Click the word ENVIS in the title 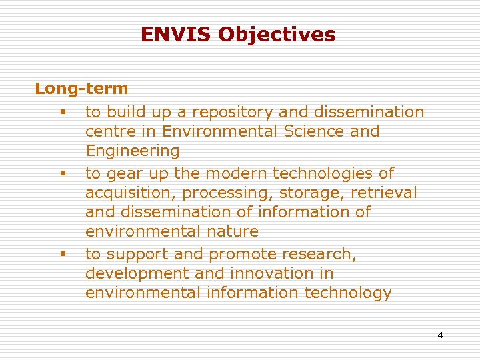[170, 34]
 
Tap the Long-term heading [81, 88]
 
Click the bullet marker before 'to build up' [61, 112]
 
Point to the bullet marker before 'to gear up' [61, 173]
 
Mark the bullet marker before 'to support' [61, 254]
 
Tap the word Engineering [132, 151]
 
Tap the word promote [243, 254]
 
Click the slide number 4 [440, 335]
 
